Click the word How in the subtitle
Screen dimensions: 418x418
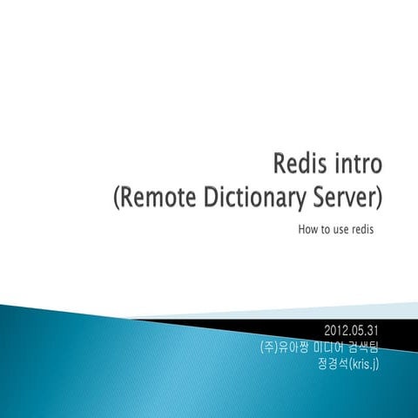click(307, 231)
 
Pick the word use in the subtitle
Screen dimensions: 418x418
click(342, 231)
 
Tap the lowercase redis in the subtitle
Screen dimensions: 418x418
click(367, 231)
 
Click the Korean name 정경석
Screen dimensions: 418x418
click(334, 362)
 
